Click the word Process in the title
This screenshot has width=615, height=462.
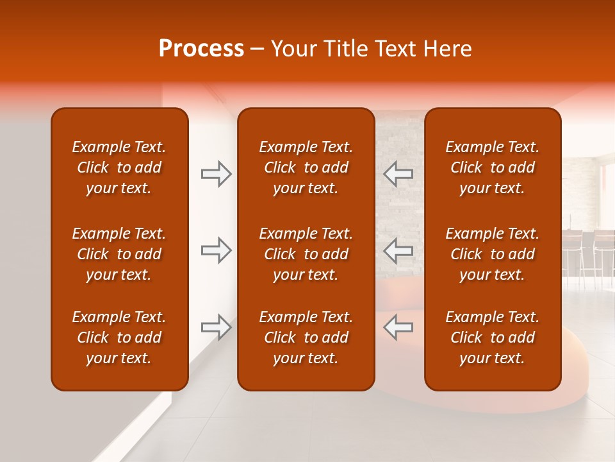tap(201, 49)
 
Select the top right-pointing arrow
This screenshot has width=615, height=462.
tap(216, 174)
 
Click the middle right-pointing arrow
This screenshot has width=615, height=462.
tap(216, 250)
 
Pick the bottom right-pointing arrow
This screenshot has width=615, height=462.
tap(216, 327)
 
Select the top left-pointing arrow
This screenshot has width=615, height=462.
tap(398, 174)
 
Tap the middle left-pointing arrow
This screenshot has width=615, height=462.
tap(398, 250)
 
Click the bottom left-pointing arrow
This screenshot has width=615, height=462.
tap(398, 327)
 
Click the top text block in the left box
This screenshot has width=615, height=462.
tap(119, 167)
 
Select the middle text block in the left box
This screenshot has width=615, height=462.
tap(119, 254)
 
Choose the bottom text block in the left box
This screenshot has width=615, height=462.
tap(119, 338)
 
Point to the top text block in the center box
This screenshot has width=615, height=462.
tap(306, 167)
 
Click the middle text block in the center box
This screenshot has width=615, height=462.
tap(306, 254)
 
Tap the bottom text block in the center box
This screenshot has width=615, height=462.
tap(306, 338)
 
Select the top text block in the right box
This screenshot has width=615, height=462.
tap(492, 167)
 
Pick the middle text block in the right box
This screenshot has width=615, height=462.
tap(492, 254)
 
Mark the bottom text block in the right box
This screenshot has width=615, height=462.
tap(492, 338)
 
